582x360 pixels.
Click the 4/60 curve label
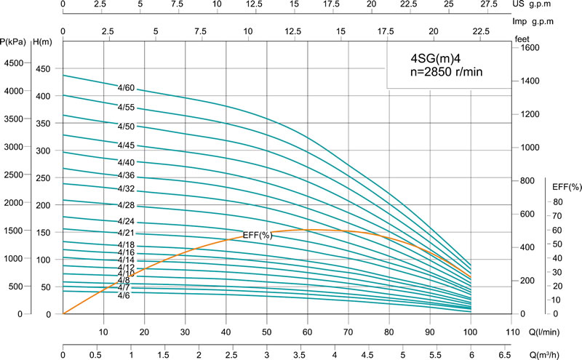click(126, 88)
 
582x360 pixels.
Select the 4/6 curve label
click(123, 295)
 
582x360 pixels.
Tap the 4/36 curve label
click(126, 175)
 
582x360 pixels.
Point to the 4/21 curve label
click(126, 233)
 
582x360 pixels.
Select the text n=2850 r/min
click(444, 72)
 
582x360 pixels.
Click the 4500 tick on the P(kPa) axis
click(14, 63)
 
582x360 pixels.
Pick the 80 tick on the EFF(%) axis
click(558, 202)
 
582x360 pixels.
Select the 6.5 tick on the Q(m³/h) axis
click(504, 356)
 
